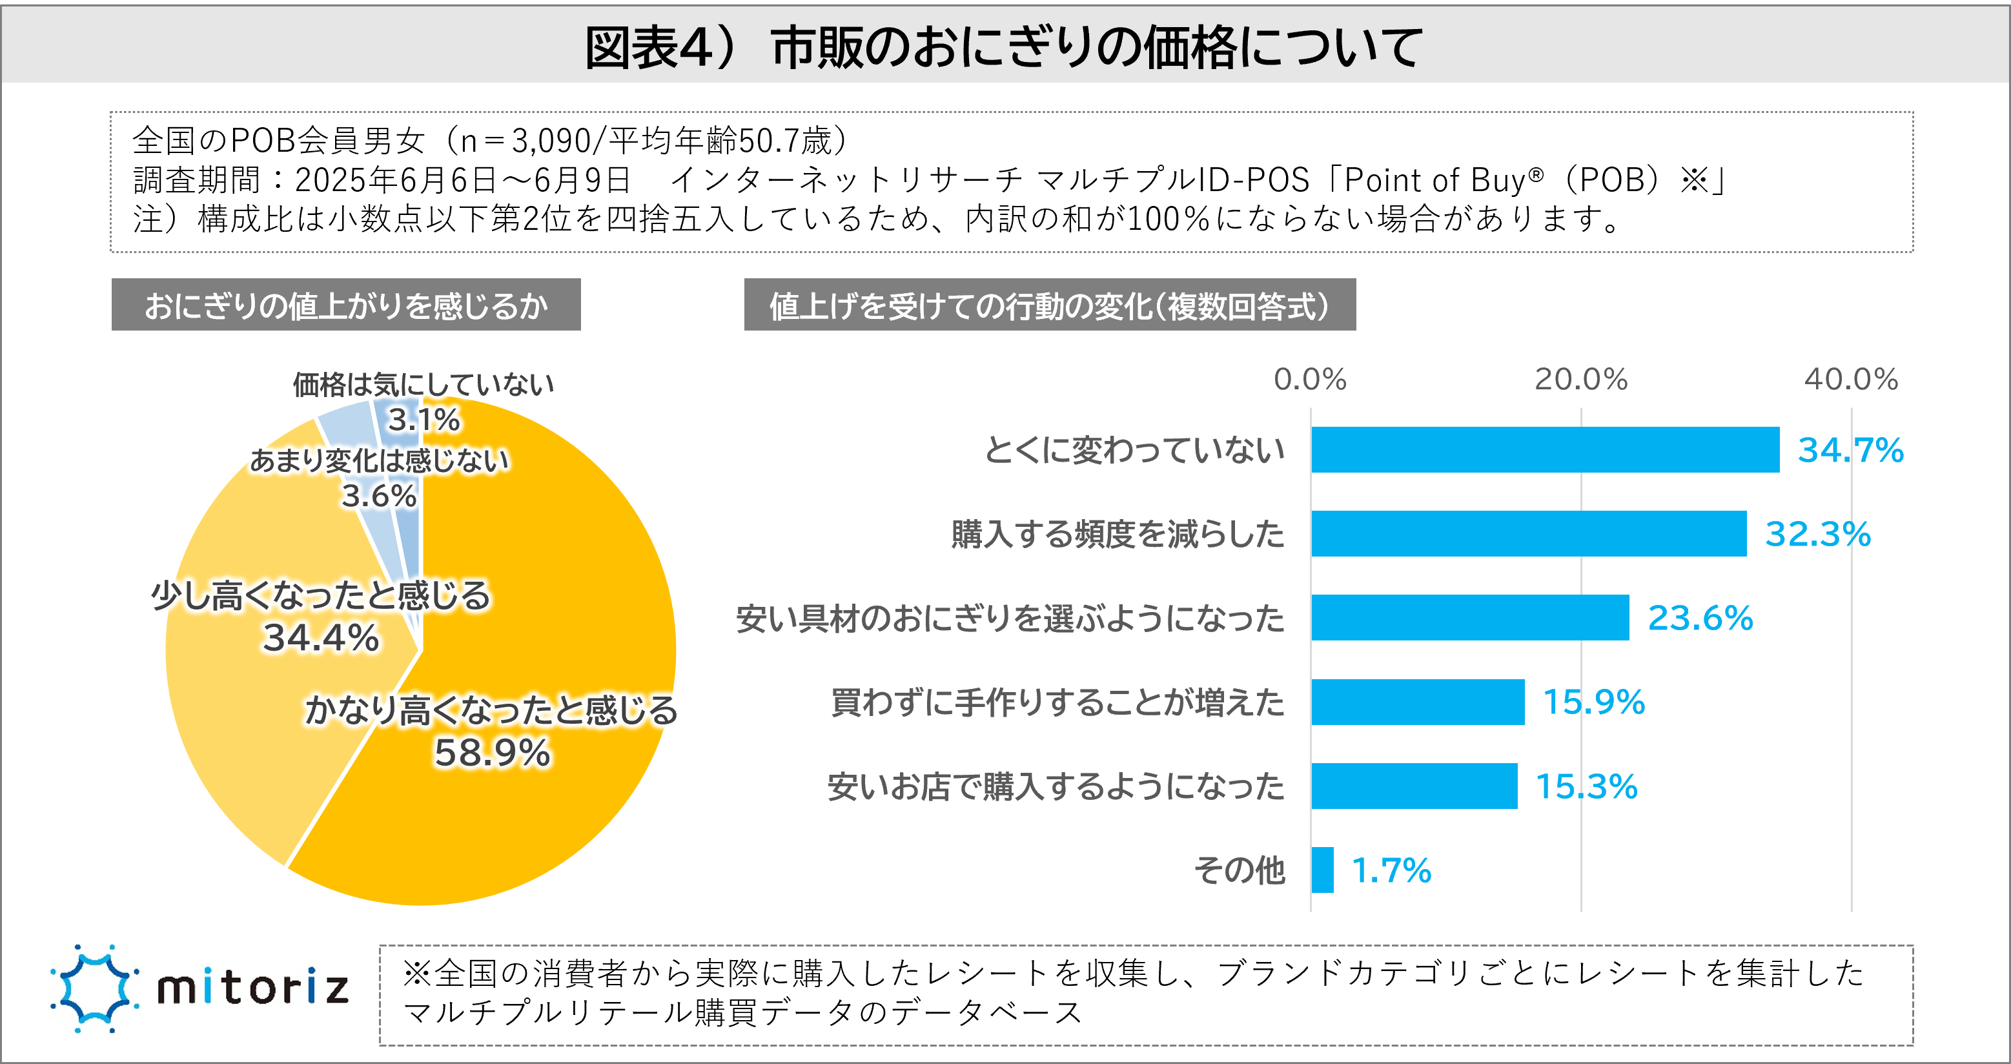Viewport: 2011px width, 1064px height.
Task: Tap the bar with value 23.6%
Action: tap(1469, 617)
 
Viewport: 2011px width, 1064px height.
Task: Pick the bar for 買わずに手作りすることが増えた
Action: tap(1417, 702)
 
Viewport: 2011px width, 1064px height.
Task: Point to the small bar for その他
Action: tap(1322, 870)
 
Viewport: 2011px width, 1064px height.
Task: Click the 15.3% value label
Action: tap(1586, 786)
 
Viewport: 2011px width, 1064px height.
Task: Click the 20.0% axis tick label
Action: tap(1580, 380)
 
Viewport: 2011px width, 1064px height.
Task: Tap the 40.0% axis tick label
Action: tap(1850, 380)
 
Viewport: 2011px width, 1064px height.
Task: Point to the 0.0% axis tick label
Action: tap(1309, 380)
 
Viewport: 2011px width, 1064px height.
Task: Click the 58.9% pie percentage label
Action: tap(492, 753)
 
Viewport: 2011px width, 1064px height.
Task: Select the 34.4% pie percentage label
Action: tap(320, 638)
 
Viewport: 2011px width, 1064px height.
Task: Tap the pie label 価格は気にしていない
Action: tap(423, 384)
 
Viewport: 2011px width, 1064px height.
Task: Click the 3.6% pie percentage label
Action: tap(378, 496)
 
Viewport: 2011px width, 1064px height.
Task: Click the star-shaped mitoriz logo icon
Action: tap(94, 988)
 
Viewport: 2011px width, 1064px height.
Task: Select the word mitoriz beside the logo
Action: tap(252, 988)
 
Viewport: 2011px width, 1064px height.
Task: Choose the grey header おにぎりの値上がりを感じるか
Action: tap(346, 305)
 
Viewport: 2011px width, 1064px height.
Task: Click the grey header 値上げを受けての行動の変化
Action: tap(1048, 305)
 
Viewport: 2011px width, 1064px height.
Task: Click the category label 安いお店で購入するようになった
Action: tap(1056, 787)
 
